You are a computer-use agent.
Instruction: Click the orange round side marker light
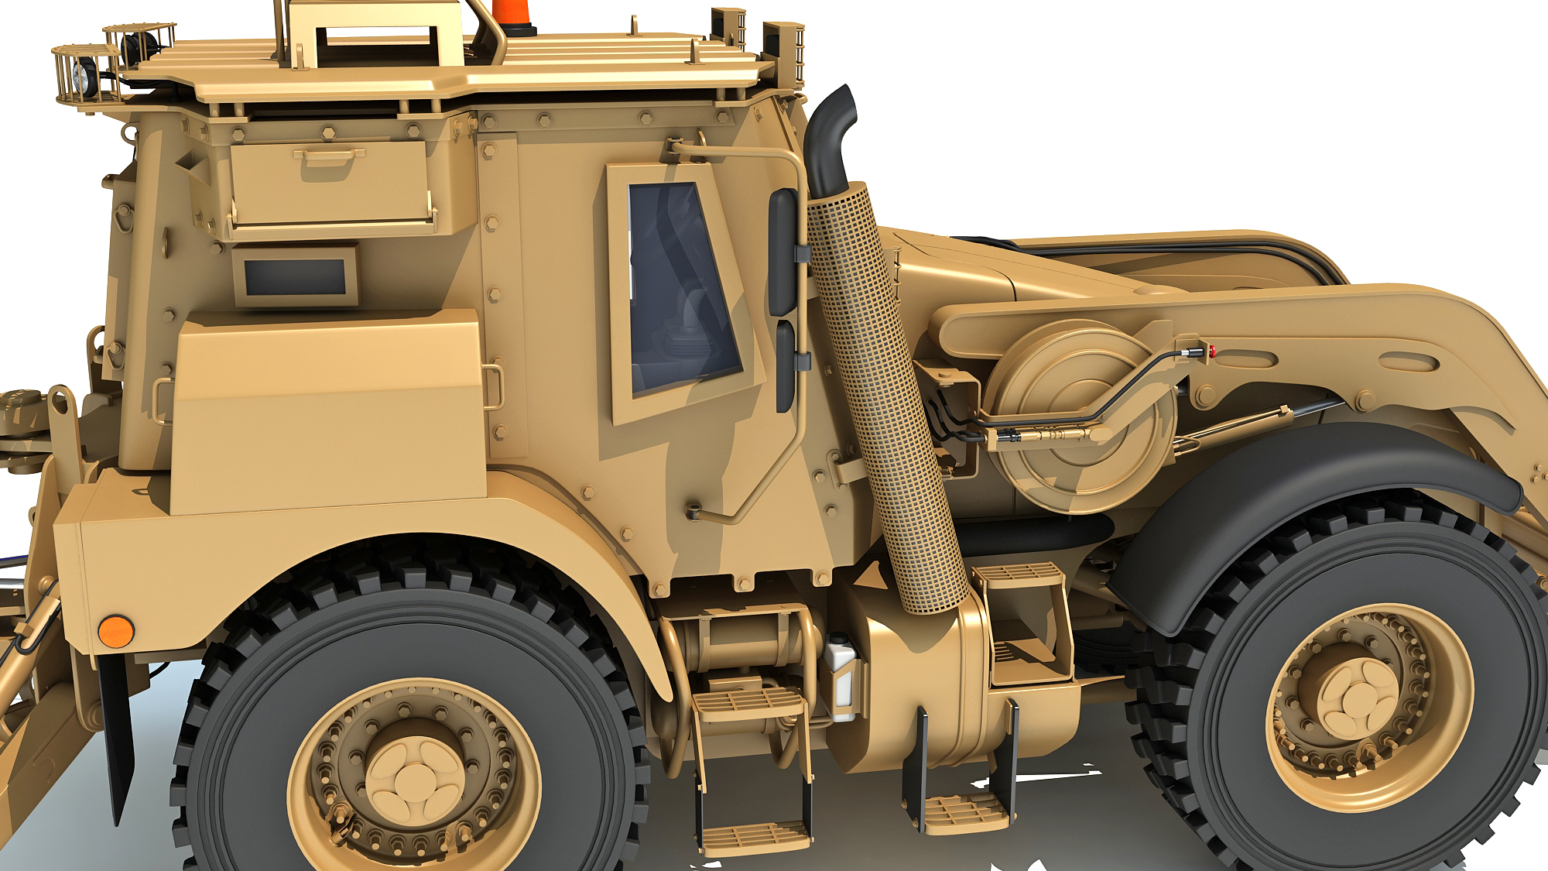(x=116, y=632)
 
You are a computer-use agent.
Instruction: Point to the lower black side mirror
(x=786, y=365)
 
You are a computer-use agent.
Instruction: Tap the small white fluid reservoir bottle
(x=840, y=674)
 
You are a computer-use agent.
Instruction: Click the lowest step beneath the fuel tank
(x=964, y=813)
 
